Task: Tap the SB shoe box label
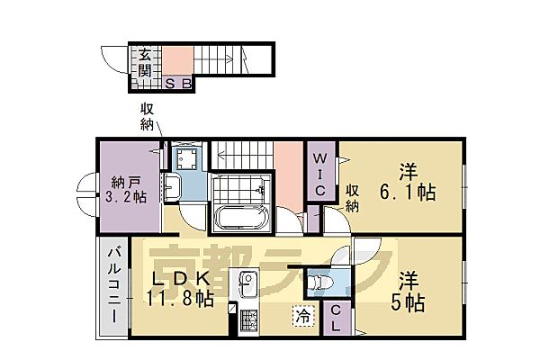(x=179, y=85)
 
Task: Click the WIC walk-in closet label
(x=319, y=175)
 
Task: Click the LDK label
(x=179, y=278)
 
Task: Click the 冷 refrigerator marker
(x=304, y=316)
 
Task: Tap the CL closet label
(x=335, y=319)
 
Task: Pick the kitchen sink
(x=247, y=288)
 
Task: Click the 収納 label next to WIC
(x=354, y=199)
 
